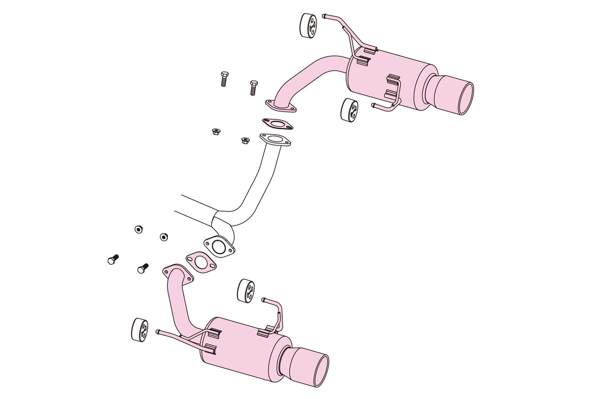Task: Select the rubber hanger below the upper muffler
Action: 349,109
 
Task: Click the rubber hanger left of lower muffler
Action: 140,329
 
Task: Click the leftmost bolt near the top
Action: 223,78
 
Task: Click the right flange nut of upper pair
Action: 245,141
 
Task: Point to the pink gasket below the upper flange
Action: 274,124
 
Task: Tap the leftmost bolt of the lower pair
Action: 112,259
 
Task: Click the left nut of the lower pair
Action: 139,229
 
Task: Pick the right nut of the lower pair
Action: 164,236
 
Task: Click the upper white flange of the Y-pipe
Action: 274,140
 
